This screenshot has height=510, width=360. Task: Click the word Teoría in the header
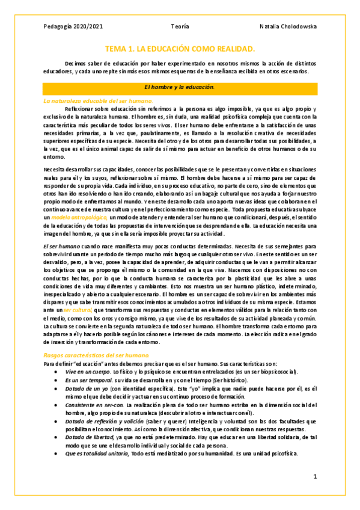(180, 26)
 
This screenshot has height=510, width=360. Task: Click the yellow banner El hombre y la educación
(180, 88)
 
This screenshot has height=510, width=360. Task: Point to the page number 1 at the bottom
(314, 476)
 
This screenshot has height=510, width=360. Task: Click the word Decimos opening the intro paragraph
(77, 63)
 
